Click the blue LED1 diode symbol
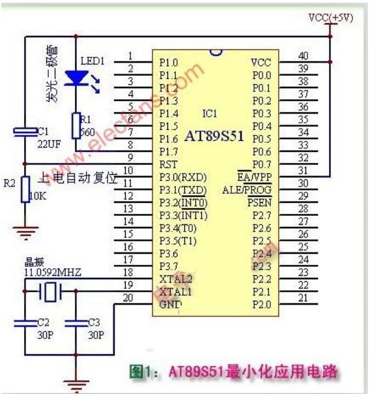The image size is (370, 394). [77, 78]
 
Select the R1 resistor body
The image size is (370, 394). [76, 125]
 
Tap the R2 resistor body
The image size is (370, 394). [25, 189]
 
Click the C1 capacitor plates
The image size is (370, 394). [25, 132]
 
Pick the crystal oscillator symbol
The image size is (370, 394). [50, 292]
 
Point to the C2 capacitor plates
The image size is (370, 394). [25, 323]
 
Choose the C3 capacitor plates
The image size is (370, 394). [76, 323]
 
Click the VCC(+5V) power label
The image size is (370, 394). [331, 18]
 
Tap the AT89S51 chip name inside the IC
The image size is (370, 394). [214, 136]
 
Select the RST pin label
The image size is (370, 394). [168, 164]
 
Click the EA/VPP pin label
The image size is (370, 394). [254, 177]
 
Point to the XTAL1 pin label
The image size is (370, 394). [175, 292]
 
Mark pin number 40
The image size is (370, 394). [304, 56]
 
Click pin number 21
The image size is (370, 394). [303, 298]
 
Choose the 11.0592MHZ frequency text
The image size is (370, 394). [53, 273]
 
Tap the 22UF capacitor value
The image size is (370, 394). [49, 144]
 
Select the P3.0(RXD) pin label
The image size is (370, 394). [183, 177]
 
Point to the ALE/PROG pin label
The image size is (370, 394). [247, 190]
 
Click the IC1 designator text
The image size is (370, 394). [210, 114]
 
